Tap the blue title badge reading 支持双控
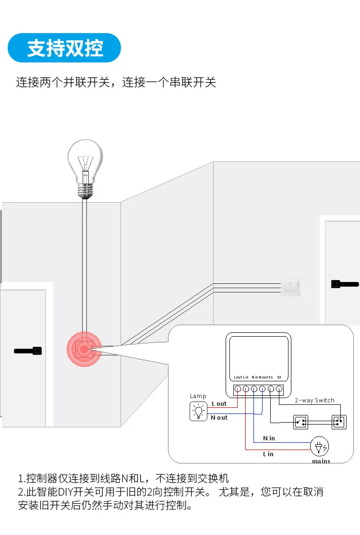coord(65,48)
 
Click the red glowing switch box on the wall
coord(84,349)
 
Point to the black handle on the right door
coord(345,284)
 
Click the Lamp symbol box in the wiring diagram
coord(198,412)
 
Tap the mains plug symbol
coord(319,447)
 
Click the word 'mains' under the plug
coord(321,461)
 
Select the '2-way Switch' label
coord(314,400)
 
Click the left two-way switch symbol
coord(301,422)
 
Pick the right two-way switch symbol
coord(339,422)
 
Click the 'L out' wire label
coord(219,404)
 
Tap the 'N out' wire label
coord(219,418)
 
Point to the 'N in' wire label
coord(269,438)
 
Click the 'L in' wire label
coord(268,454)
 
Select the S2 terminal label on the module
coord(279,377)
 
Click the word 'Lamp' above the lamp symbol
coord(198,396)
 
